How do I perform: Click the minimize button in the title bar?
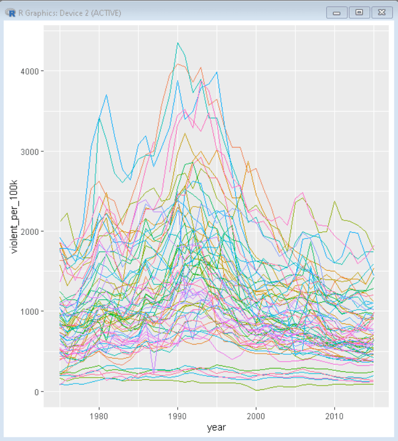click(x=336, y=12)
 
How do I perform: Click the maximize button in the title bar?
click(x=359, y=12)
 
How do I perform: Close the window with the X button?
click(x=382, y=12)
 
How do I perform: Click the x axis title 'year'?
click(x=217, y=427)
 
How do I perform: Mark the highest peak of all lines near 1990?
click(x=178, y=43)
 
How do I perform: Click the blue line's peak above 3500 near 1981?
click(x=107, y=95)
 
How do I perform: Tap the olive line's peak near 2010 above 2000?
click(x=334, y=201)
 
